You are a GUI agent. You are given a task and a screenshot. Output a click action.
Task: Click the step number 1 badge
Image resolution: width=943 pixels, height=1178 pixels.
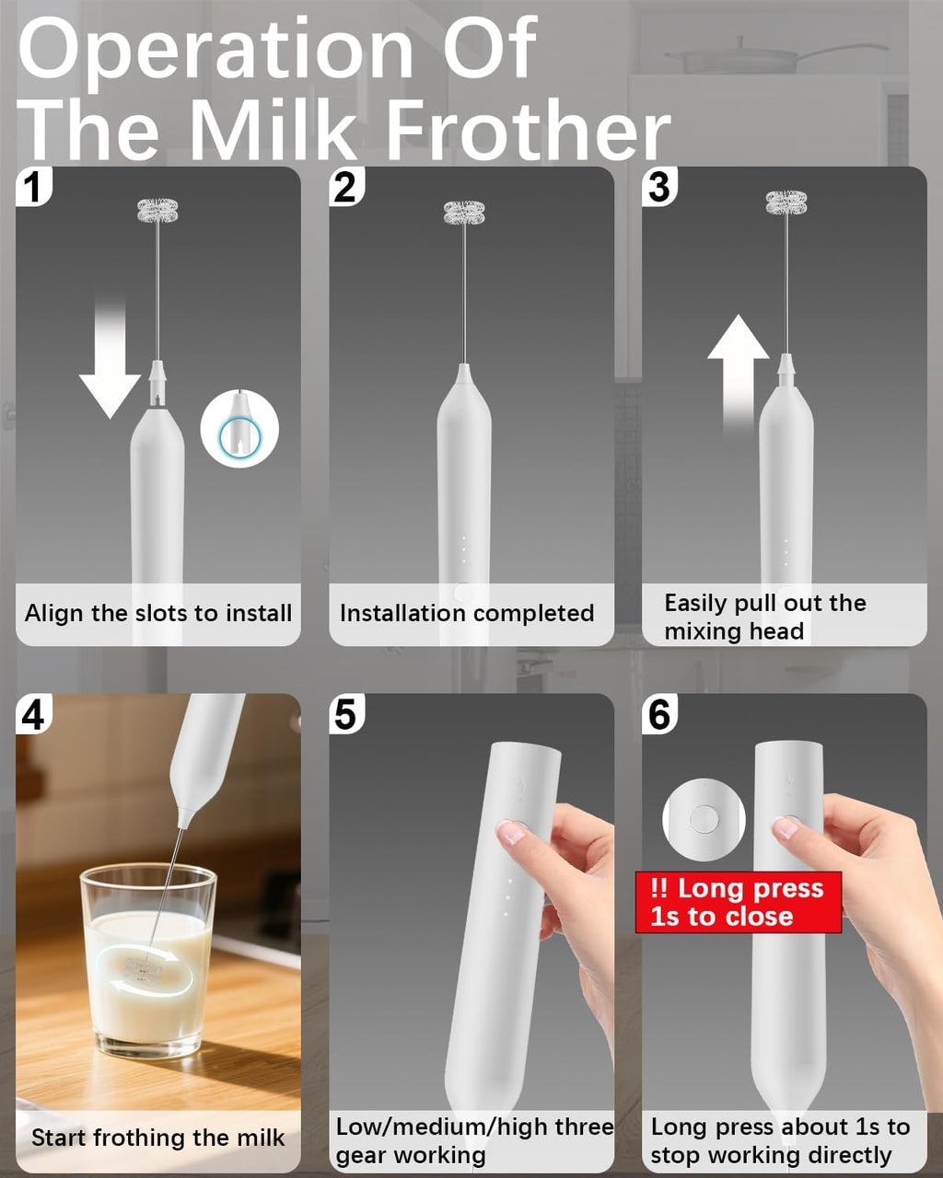tap(34, 187)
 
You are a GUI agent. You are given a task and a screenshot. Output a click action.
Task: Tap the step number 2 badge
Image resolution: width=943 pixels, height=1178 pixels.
tap(346, 187)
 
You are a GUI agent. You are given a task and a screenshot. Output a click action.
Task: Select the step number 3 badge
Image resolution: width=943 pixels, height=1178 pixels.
tap(659, 187)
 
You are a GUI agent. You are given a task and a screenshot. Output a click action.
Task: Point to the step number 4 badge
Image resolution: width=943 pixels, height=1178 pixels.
tap(34, 714)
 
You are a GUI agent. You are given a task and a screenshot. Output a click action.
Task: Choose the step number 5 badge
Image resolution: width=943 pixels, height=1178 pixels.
tap(346, 714)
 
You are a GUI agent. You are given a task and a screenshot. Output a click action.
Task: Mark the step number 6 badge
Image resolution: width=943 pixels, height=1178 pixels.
tap(659, 714)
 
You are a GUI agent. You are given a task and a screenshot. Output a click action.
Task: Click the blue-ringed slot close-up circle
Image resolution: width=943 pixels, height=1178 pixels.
tap(239, 428)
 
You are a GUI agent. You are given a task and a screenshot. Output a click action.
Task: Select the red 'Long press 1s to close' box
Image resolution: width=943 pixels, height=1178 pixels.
tap(738, 902)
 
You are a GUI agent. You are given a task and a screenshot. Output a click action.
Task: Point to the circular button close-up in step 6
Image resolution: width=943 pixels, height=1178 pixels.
tap(704, 819)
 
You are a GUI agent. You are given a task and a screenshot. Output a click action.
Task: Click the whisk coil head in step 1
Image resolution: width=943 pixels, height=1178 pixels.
tap(157, 211)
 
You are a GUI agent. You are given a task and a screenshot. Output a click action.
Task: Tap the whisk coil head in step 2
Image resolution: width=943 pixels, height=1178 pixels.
tap(464, 213)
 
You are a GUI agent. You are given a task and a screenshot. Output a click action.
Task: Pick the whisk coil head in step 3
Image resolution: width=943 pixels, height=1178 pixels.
tap(786, 203)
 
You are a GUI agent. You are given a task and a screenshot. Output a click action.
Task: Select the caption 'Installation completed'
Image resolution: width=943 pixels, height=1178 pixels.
tap(467, 614)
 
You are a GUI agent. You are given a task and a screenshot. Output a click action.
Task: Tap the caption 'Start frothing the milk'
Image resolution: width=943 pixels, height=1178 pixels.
tap(158, 1138)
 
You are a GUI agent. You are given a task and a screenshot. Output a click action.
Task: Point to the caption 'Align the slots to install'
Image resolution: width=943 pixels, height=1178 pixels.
tap(158, 614)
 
